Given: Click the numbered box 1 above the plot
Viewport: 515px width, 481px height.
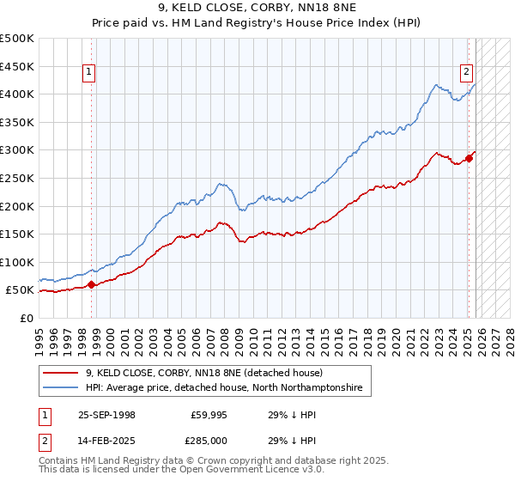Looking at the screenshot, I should point(90,73).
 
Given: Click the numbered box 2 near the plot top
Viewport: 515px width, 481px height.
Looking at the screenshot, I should point(466,73).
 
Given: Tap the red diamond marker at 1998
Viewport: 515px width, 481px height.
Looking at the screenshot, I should point(92,284).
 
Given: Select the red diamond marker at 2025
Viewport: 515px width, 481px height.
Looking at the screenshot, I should point(469,158).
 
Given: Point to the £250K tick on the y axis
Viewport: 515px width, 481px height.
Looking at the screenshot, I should point(17,178).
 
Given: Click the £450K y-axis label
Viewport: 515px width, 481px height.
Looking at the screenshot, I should point(17,66).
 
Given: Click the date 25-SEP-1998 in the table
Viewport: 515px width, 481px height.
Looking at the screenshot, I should point(106,414).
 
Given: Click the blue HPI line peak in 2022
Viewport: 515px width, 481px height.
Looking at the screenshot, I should point(437,85).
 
